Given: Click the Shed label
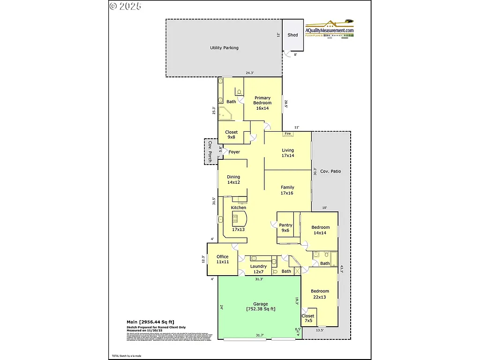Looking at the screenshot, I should coord(292,35).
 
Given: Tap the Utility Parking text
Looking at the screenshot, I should coord(224,48).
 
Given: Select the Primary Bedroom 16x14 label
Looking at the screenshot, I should coord(262,103).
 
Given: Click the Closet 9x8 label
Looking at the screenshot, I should coord(231,135).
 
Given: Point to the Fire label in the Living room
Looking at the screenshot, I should coord(288,134).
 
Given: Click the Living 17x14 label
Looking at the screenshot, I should coord(288,153).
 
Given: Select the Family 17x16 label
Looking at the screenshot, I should coord(287,190).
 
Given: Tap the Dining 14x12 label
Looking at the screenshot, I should coord(233,180).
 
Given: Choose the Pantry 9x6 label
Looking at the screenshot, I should coord(285,228).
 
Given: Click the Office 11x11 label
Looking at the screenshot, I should coord(222,259).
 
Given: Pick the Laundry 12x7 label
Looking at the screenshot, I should coord(258,269).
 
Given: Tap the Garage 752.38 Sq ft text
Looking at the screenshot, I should coord(261,306).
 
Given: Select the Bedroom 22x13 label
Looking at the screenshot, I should coord(320,294).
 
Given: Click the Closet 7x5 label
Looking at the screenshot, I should coord(308,319).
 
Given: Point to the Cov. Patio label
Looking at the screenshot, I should coord(331,172).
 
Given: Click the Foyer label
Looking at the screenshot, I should coord(234,152).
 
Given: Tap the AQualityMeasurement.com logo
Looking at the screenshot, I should coord(330,30).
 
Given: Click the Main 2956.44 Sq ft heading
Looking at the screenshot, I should coord(150,322).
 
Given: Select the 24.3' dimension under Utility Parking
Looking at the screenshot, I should coord(250,73).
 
